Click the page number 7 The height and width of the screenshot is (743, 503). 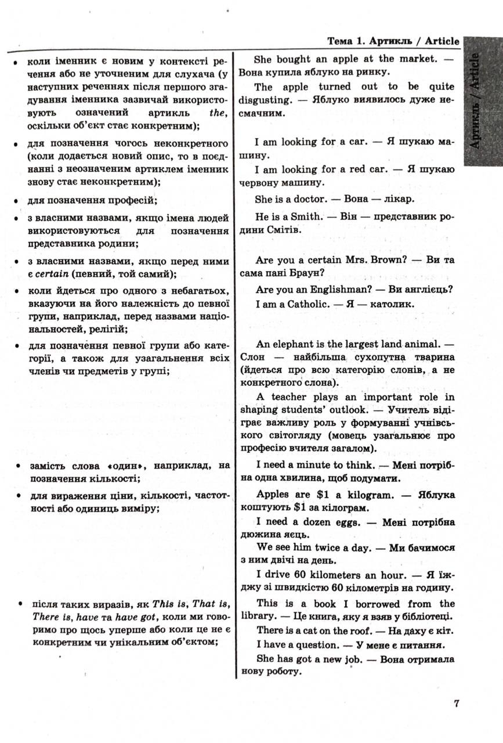pos(457,704)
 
